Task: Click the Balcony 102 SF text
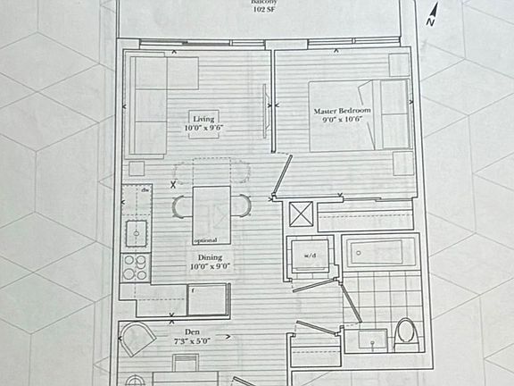click(265, 6)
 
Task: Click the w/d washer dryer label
click(310, 256)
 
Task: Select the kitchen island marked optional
click(211, 215)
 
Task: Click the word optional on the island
click(205, 241)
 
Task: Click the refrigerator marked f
click(208, 299)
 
